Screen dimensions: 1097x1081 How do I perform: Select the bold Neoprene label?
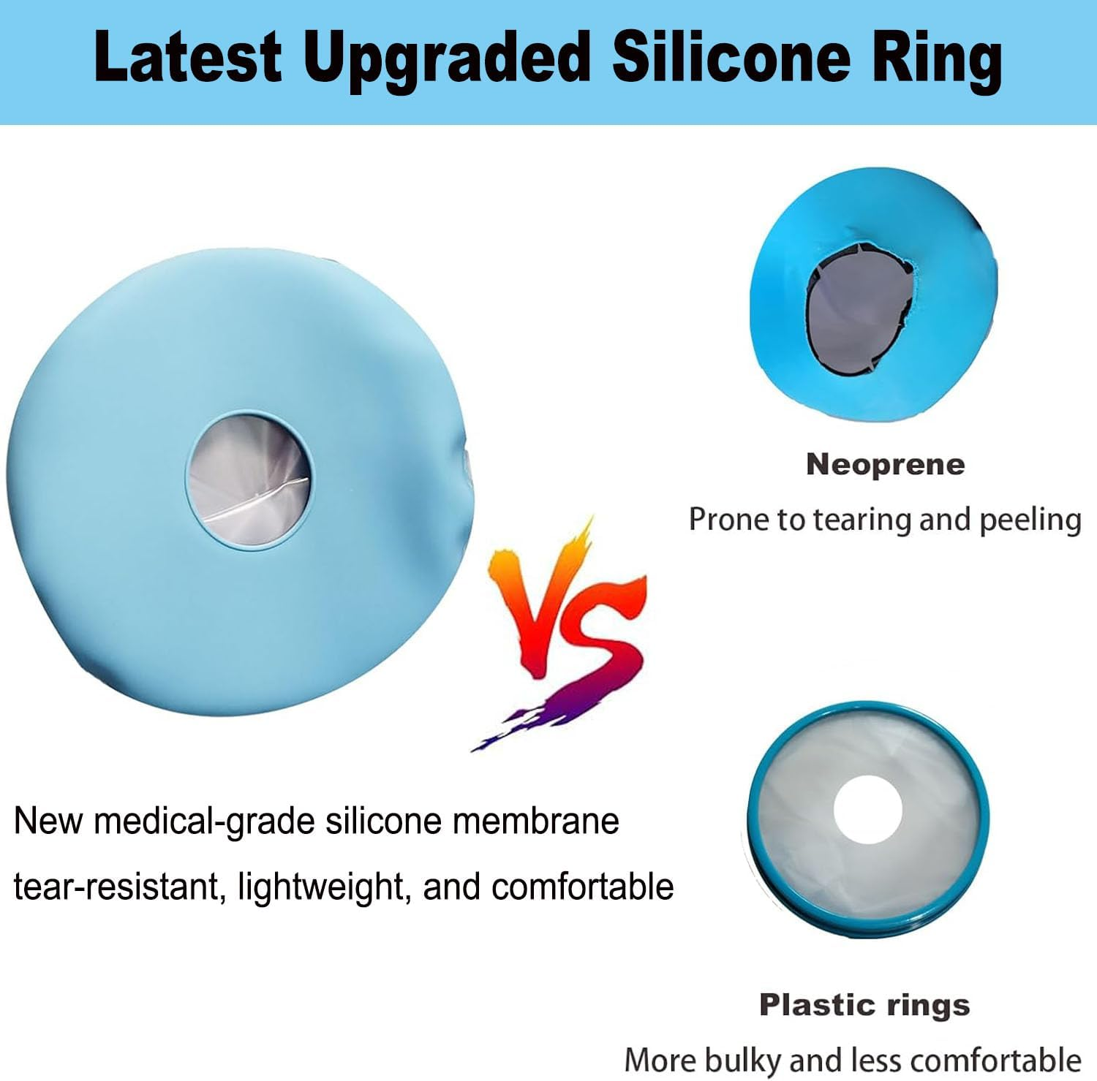click(885, 464)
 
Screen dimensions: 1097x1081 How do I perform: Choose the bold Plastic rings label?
click(864, 1006)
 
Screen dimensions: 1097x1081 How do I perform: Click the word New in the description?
click(48, 821)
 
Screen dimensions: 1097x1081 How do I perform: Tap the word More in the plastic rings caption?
click(659, 1060)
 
